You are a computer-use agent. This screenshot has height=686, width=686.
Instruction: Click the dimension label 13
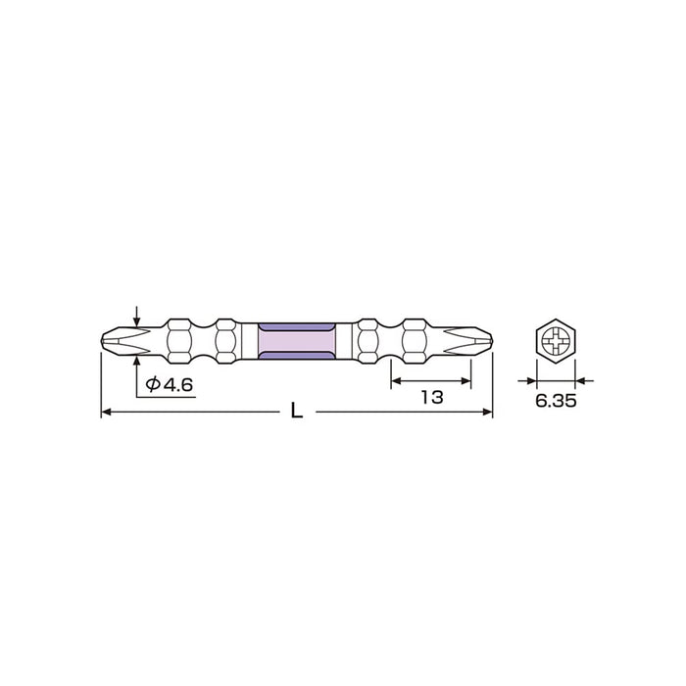pos(431,397)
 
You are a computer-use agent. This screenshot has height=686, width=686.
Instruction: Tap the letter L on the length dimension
pos(296,413)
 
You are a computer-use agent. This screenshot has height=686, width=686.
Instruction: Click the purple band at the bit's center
pos(297,342)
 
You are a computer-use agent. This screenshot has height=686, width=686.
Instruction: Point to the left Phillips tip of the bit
pos(118,342)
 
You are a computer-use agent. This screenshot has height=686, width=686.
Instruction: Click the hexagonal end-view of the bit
pos(556,342)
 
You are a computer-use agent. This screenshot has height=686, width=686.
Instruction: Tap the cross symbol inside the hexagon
pos(556,342)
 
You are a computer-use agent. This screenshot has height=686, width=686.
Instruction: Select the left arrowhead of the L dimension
pos(107,414)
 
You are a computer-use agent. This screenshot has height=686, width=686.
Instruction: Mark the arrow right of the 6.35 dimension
pos(581,379)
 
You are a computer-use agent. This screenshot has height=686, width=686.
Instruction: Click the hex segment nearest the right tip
pos(413,342)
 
